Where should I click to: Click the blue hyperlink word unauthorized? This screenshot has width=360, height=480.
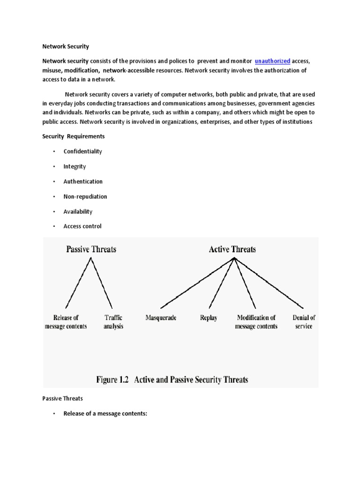(x=272, y=61)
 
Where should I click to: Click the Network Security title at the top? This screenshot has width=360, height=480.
(x=66, y=47)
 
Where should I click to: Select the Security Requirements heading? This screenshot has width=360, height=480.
(x=74, y=136)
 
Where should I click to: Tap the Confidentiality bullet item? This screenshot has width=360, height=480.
(x=82, y=151)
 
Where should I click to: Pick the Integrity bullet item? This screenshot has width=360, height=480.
(x=75, y=166)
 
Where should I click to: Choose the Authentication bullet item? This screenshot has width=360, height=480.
(x=83, y=181)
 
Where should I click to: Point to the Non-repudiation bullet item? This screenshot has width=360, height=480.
(x=85, y=196)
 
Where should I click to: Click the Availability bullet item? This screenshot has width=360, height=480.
(x=78, y=211)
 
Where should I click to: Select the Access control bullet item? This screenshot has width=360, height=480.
(x=82, y=226)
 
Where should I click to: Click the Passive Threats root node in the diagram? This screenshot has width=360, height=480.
(x=90, y=249)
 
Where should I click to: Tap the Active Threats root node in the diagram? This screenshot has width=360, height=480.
(x=232, y=249)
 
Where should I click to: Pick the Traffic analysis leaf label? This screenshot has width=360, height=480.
(x=113, y=322)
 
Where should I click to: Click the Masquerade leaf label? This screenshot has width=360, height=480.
(x=161, y=318)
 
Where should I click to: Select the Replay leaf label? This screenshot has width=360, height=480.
(x=209, y=318)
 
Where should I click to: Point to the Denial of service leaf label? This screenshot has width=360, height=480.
(x=304, y=322)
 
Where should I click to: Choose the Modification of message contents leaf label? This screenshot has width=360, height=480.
(x=256, y=322)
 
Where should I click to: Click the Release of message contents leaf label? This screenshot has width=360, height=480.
(x=66, y=322)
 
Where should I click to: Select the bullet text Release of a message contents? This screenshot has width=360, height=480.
(x=105, y=414)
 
